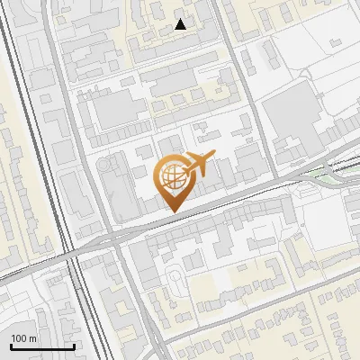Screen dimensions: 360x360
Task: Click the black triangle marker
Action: click(181, 24)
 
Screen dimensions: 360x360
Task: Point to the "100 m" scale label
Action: click(24, 337)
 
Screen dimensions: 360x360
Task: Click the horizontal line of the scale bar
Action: click(41, 346)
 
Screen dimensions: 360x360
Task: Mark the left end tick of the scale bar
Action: click(11, 345)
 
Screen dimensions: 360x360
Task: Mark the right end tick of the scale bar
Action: click(73, 345)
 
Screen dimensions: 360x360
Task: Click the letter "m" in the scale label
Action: click(32, 337)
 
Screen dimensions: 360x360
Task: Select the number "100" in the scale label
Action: click(19, 337)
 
